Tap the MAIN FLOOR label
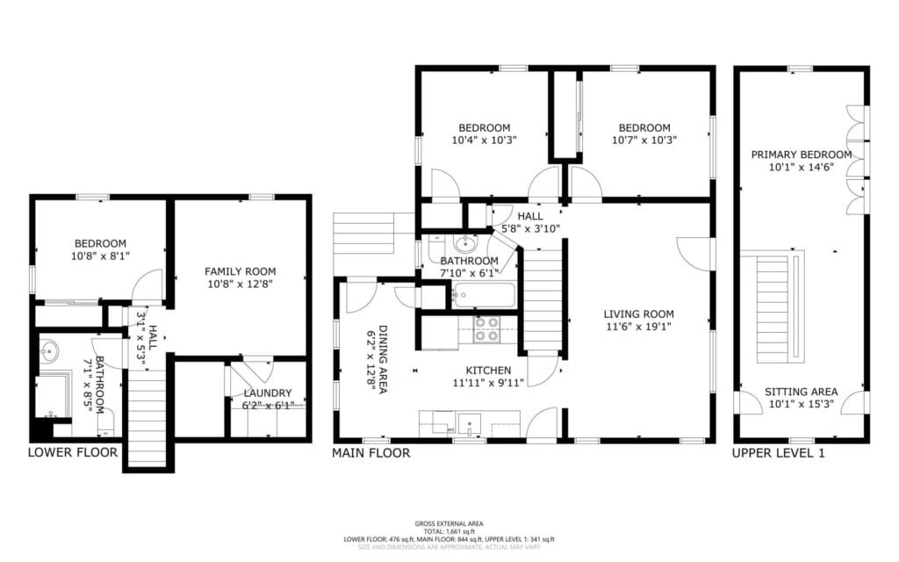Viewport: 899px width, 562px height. [x=370, y=453]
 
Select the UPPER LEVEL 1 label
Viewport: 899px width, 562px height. [x=778, y=453]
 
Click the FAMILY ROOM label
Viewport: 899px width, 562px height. [x=241, y=271]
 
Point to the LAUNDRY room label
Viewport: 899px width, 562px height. [x=268, y=393]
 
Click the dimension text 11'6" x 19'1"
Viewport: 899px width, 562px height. [x=638, y=327]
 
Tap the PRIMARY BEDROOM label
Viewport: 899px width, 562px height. [x=802, y=155]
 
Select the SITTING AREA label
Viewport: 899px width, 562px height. [x=801, y=392]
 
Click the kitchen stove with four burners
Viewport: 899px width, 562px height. [x=486, y=328]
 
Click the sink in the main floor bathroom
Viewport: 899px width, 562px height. [x=464, y=243]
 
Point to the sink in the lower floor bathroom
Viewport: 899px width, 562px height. [x=49, y=352]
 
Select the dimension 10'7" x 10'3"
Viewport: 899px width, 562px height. [x=644, y=140]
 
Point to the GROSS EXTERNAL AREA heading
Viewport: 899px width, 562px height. [x=449, y=522]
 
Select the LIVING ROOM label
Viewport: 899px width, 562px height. [x=638, y=313]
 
